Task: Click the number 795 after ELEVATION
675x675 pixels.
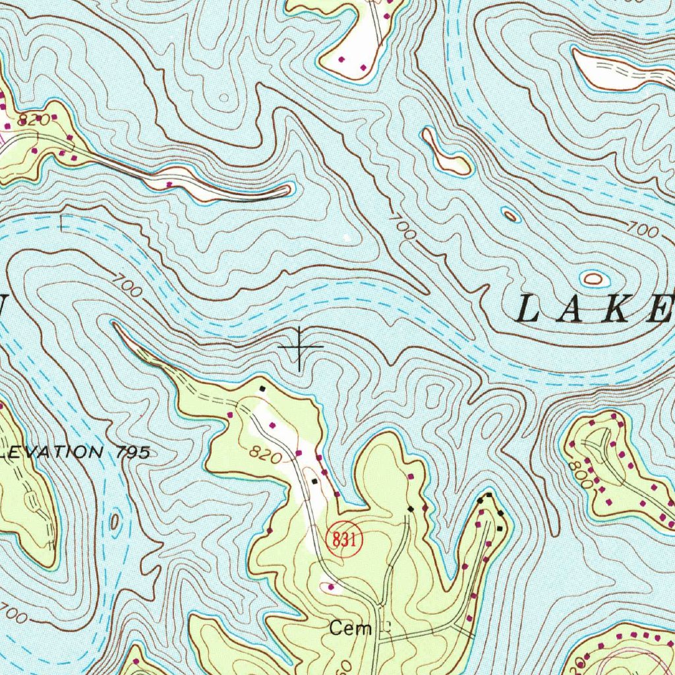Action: pos(132,452)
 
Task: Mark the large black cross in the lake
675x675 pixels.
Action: pos(301,347)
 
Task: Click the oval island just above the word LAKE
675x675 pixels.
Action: pos(593,279)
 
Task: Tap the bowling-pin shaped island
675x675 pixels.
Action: pos(446,152)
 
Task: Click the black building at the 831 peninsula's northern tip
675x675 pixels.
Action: pos(262,388)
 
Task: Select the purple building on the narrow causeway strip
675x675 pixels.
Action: pos(169,184)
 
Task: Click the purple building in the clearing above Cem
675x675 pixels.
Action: pos(331,586)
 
